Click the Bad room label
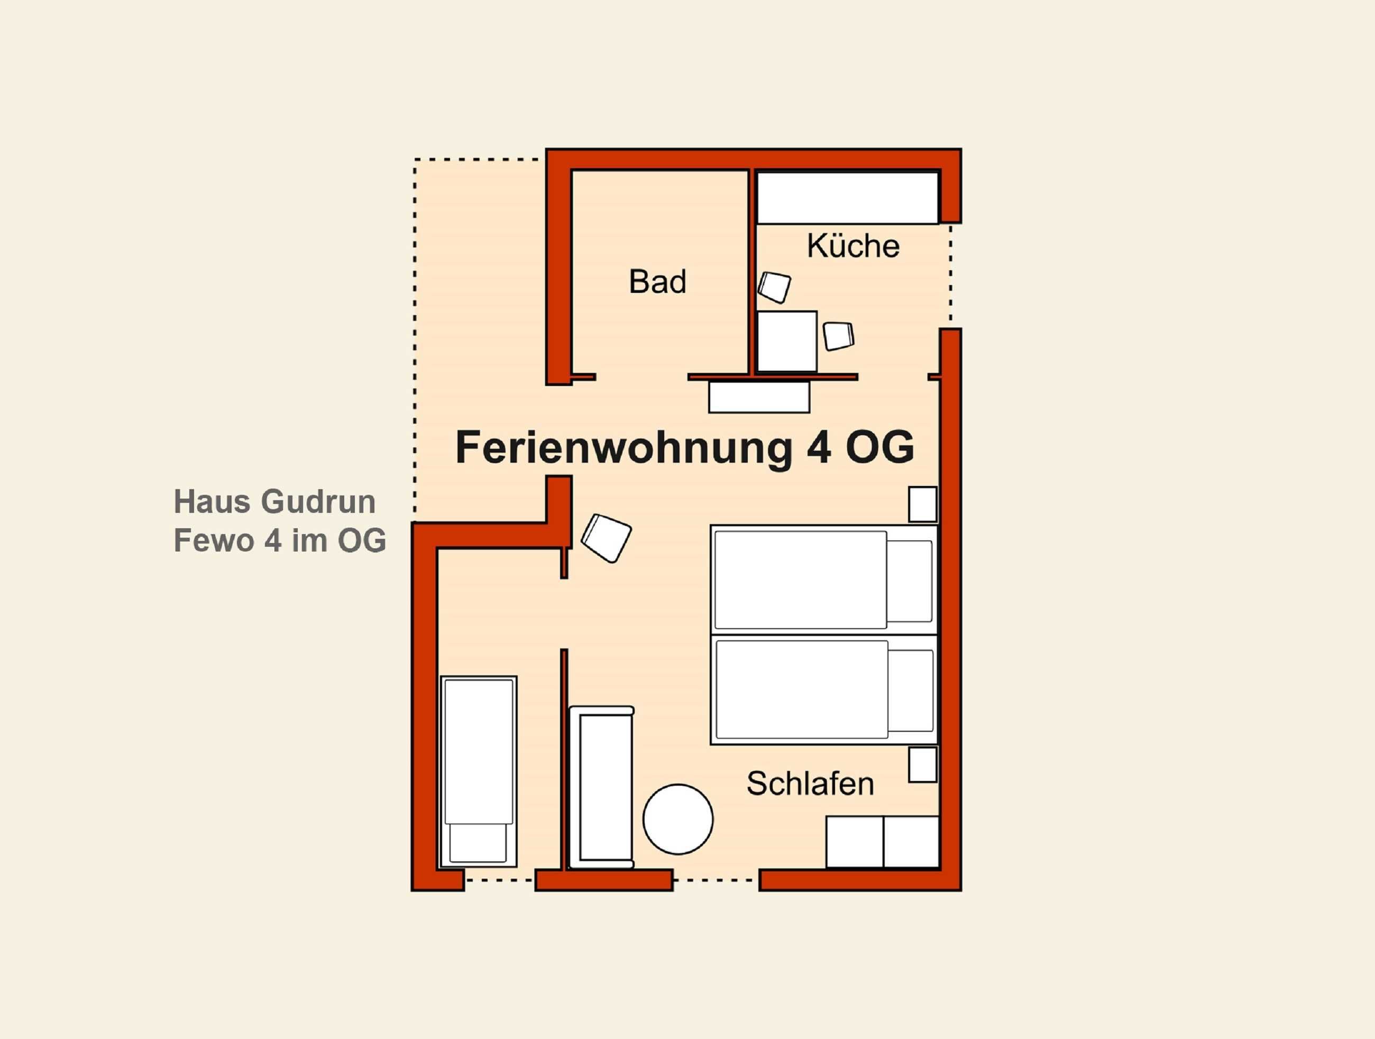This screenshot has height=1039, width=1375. click(658, 281)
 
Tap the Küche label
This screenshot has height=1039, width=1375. click(853, 245)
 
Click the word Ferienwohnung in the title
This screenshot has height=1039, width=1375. click(624, 447)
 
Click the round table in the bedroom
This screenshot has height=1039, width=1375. click(677, 819)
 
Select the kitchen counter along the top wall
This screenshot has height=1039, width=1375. click(847, 198)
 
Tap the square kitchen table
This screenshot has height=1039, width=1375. click(787, 342)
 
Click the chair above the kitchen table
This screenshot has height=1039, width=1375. click(774, 287)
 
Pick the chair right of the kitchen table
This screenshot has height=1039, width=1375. click(839, 336)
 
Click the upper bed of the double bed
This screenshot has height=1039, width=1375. click(823, 580)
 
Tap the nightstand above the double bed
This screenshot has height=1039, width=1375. click(922, 504)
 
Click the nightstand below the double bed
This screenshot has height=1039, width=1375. click(922, 765)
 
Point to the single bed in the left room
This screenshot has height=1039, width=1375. click(479, 771)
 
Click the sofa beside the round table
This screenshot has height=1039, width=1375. click(602, 787)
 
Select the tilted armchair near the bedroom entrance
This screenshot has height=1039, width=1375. click(606, 538)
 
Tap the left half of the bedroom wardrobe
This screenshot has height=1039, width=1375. click(855, 842)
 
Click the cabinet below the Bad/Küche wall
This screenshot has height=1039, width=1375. click(759, 397)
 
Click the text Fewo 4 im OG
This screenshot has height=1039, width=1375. click(280, 540)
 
